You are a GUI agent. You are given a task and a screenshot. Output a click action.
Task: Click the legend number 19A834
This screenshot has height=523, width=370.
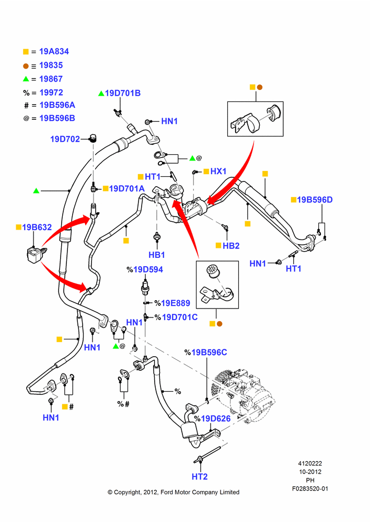click(54, 51)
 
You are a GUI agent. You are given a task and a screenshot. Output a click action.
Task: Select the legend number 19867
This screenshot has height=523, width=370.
click(51, 79)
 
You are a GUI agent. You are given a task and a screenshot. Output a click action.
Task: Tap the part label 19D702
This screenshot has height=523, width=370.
click(65, 139)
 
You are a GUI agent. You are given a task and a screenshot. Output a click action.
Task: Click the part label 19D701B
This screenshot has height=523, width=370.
click(123, 93)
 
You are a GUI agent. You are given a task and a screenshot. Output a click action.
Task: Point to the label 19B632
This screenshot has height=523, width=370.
click(37, 227)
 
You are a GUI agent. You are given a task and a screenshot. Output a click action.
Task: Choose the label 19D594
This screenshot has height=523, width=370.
click(148, 269)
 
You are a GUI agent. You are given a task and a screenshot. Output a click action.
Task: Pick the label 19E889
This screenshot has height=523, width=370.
click(176, 303)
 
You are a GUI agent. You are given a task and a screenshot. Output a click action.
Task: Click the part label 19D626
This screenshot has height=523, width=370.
click(216, 418)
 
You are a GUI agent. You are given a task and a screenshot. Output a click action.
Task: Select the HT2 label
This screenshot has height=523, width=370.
click(200, 476)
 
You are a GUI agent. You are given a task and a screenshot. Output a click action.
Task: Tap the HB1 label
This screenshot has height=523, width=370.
click(157, 255)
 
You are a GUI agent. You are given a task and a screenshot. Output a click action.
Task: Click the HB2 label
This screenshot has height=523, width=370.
click(231, 245)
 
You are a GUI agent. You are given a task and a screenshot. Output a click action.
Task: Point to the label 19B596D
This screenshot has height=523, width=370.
click(315, 199)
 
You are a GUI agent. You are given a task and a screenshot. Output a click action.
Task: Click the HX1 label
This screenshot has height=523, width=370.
click(218, 171)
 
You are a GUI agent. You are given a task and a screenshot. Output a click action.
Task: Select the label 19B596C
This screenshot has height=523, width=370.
click(209, 352)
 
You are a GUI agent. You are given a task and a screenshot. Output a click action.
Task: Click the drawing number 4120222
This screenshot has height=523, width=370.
click(310, 463)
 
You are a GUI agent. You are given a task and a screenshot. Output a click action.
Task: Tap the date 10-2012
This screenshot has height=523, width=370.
click(310, 472)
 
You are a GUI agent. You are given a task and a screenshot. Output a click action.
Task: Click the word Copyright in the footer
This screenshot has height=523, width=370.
click(128, 492)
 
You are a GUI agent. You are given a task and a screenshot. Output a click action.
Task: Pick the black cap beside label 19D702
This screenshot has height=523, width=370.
click(93, 138)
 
